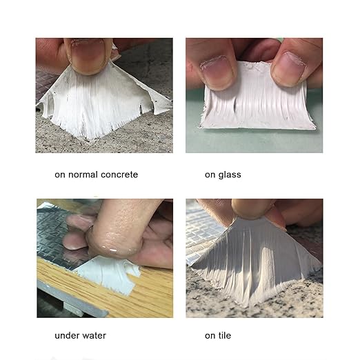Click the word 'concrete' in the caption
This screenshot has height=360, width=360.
tap(119, 174)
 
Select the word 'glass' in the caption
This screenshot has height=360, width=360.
tap(230, 175)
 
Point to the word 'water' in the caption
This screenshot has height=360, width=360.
tap(94, 336)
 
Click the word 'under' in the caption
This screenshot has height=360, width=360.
tap(68, 336)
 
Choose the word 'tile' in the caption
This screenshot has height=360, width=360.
tap(225, 336)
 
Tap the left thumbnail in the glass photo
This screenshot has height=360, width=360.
tap(215, 71)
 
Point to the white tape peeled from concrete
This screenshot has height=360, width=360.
tap(101, 101)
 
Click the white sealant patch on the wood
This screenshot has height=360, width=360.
tap(108, 274)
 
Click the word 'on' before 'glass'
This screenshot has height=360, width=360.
tap(210, 175)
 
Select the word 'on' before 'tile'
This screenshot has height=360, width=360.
tap(210, 337)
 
